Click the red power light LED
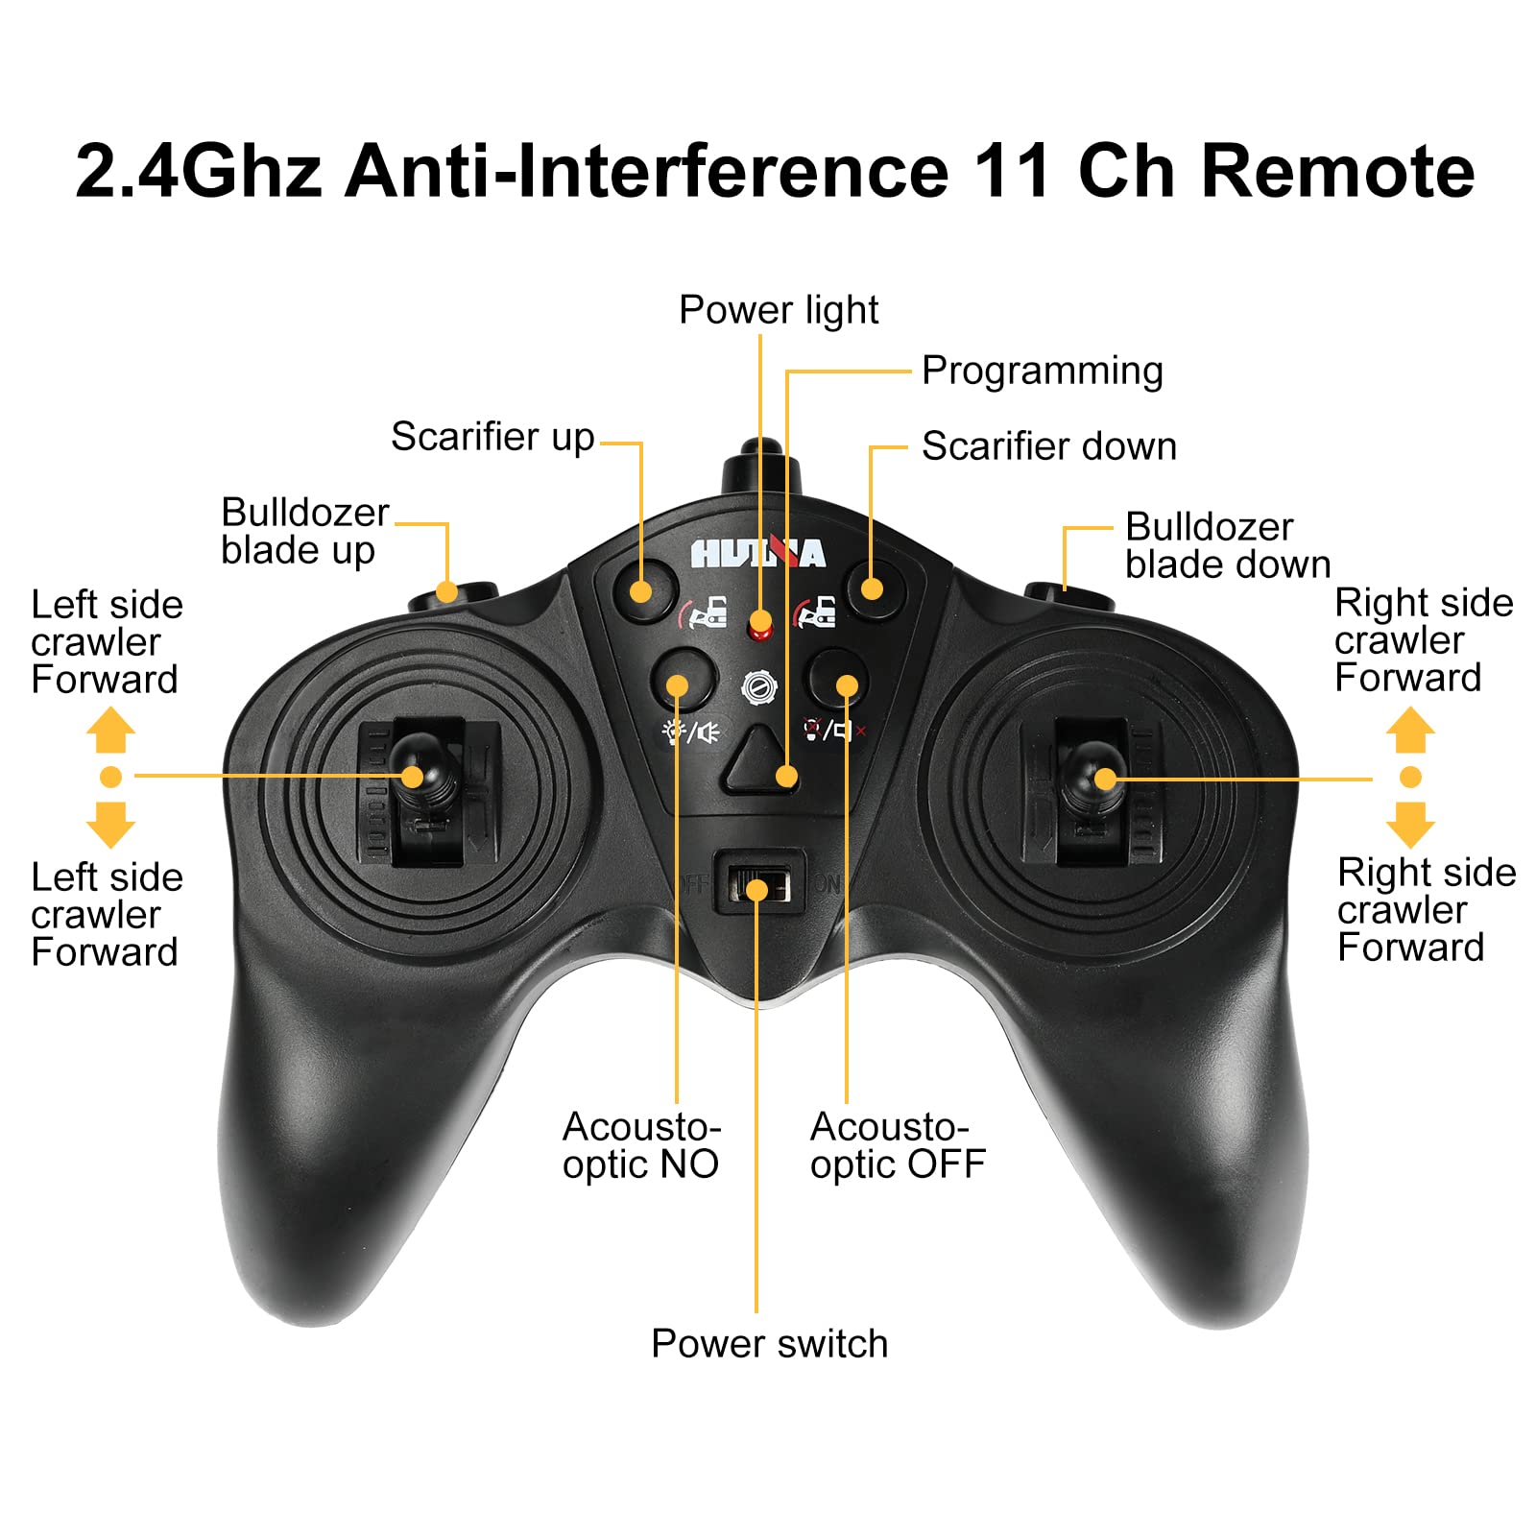[x=760, y=626]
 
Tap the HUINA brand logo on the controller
[x=758, y=554]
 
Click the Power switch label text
[x=770, y=1344]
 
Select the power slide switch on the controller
[x=758, y=883]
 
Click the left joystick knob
[x=418, y=768]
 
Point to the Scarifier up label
[x=492, y=438]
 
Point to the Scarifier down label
[x=1049, y=446]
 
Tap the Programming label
[x=1043, y=372]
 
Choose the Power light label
[x=779, y=310]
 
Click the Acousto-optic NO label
[x=641, y=1145]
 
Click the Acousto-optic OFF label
[x=898, y=1145]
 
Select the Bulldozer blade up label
[x=305, y=532]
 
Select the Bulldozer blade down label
[x=1228, y=545]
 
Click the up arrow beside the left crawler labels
[x=110, y=730]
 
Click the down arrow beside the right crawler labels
[x=1410, y=825]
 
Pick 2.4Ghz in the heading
[x=198, y=171]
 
